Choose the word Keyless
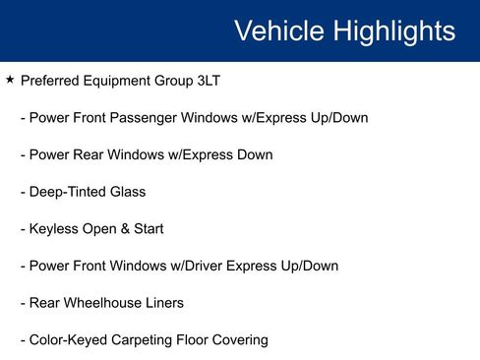tap(54, 229)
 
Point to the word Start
tap(147, 229)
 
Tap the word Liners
tap(162, 303)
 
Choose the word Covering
tap(243, 340)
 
